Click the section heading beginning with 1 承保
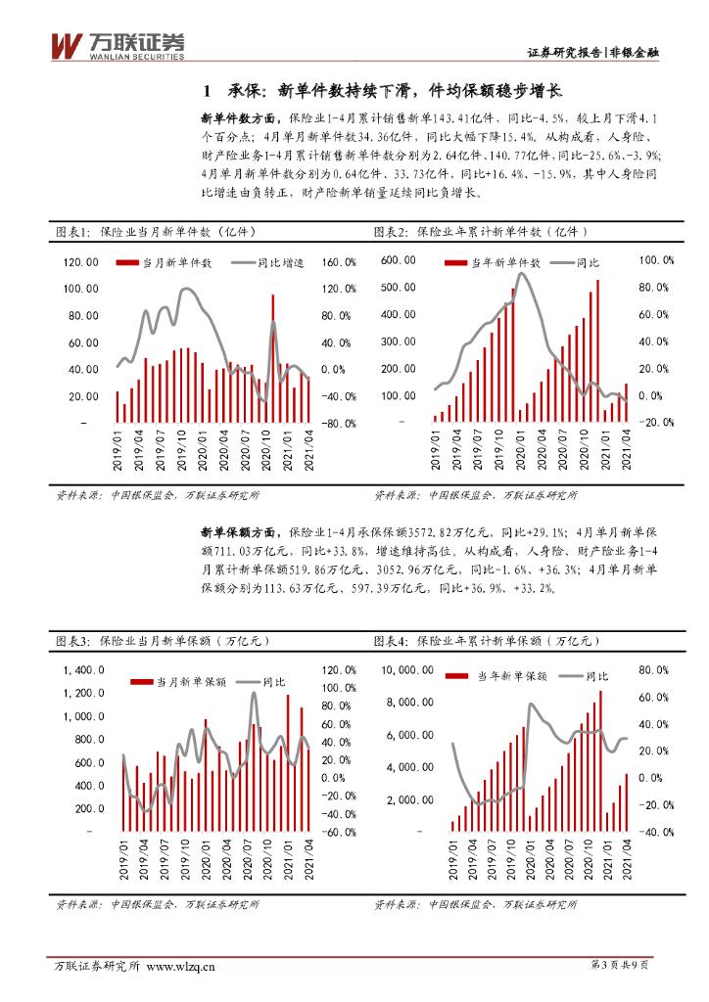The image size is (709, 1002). pyautogui.click(x=379, y=92)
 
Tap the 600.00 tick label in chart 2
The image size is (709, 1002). pyautogui.click(x=399, y=260)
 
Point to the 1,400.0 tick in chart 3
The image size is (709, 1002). pyautogui.click(x=84, y=670)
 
